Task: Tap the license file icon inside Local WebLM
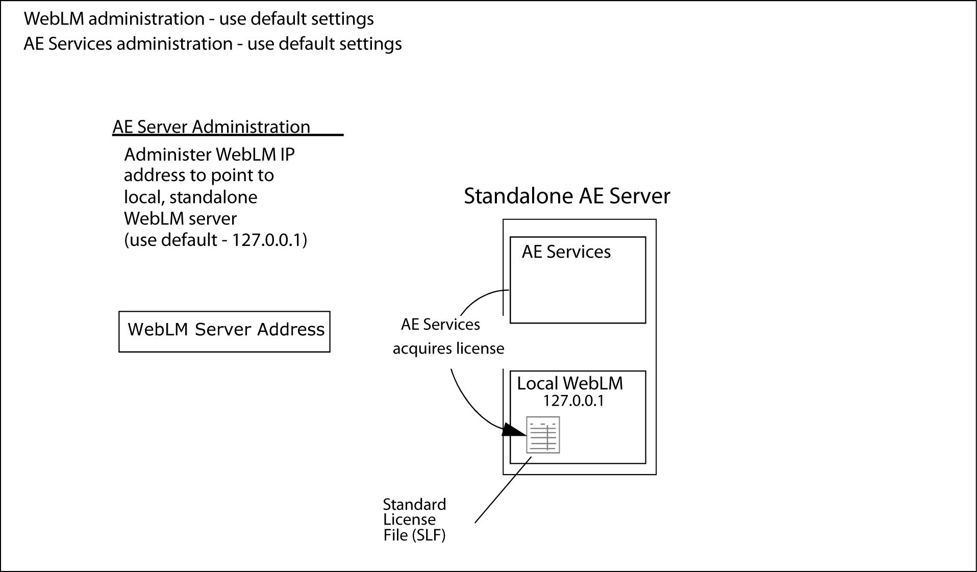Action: point(543,435)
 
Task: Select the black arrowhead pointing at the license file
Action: point(514,430)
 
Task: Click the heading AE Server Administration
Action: point(211,127)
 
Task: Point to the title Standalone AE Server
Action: point(567,196)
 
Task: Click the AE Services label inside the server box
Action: point(566,252)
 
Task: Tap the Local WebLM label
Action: point(570,383)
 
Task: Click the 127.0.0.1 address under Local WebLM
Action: point(573,401)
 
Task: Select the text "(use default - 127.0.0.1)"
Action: point(216,240)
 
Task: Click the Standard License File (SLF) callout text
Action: point(414,519)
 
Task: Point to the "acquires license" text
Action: point(448,349)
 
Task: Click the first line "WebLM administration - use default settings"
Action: point(199,19)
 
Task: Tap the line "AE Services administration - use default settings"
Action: point(213,44)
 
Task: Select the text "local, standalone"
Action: point(190,197)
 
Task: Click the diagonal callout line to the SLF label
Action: point(503,490)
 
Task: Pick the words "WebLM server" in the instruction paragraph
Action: point(180,218)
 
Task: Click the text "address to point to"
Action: point(199,176)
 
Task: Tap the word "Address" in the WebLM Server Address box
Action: point(291,330)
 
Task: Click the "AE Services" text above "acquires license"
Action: point(440,325)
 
